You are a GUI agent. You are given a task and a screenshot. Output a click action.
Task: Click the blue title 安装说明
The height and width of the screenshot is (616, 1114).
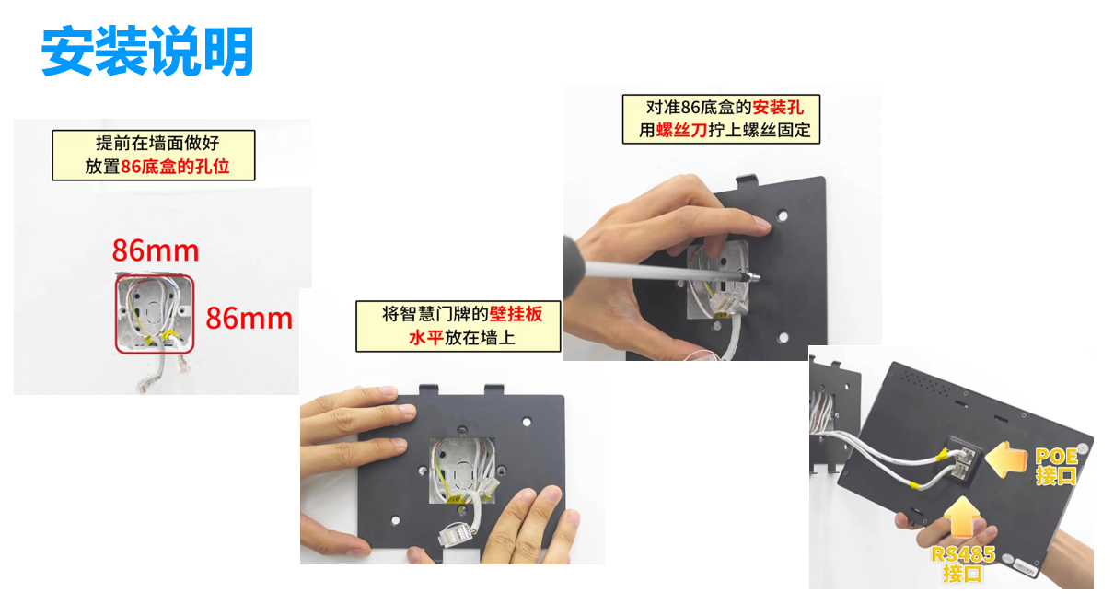tap(147, 52)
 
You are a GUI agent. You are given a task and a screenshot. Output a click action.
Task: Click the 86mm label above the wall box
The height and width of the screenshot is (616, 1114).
tap(156, 250)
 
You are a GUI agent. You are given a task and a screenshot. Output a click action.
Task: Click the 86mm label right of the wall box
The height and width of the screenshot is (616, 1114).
tap(249, 318)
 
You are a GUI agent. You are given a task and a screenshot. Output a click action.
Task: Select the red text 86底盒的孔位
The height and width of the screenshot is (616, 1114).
tap(175, 166)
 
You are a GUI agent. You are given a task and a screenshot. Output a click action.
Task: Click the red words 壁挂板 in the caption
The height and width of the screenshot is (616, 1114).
tap(516, 314)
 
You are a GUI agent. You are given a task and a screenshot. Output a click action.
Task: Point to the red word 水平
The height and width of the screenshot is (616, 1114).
tap(426, 338)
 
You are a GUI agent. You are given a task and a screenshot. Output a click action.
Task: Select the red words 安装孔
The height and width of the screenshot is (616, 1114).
tap(778, 108)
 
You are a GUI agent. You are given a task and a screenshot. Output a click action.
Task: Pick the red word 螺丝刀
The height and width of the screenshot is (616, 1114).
tap(682, 131)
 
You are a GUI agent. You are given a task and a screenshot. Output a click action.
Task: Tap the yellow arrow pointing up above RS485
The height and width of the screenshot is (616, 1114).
tap(962, 517)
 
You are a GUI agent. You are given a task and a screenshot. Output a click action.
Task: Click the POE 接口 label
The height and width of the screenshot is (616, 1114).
tap(1056, 466)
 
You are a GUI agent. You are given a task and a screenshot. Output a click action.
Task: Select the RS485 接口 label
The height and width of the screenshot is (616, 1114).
tap(963, 564)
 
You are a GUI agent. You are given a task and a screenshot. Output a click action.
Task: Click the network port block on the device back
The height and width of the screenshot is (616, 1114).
tap(963, 461)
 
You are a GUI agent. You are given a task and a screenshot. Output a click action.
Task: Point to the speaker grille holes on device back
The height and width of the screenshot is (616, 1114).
tap(926, 382)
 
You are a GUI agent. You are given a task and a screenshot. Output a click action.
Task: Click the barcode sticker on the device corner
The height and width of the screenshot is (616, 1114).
tap(1026, 567)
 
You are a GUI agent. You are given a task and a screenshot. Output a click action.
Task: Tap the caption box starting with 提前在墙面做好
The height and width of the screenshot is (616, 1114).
tap(154, 156)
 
